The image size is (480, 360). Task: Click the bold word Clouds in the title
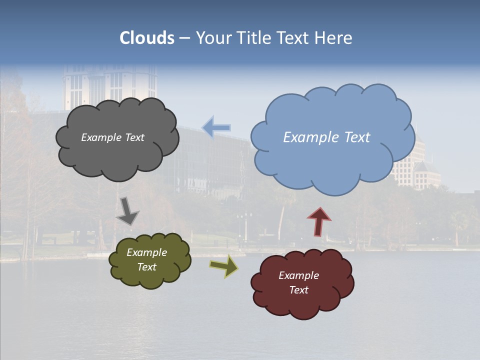point(147,38)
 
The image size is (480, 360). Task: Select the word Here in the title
point(334,38)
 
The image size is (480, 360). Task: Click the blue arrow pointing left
point(216,127)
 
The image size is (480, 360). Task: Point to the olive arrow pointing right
point(224,265)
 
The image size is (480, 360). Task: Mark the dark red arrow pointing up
point(319,221)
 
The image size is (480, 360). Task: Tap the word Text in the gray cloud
point(133,137)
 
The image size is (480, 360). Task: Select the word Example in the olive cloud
point(146,252)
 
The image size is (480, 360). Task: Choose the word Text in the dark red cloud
point(298,290)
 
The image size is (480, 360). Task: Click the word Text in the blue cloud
point(357,137)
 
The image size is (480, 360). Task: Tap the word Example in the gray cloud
point(100,137)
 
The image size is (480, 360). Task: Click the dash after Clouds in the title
point(184,38)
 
